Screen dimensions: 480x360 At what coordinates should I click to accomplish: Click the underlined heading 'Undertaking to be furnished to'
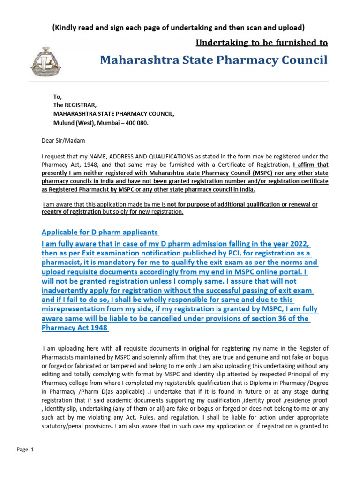point(262,43)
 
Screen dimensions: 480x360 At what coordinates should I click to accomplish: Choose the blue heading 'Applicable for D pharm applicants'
point(100,232)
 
